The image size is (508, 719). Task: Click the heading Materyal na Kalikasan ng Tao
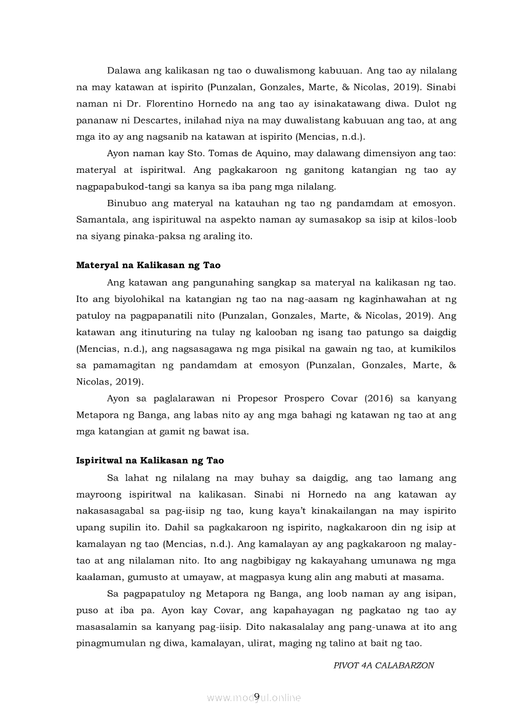tap(148, 266)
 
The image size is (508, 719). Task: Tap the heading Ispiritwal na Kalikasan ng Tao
tap(150, 461)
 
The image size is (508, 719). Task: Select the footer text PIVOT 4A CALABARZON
tap(384, 666)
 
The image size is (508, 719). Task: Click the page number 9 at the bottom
tap(256, 696)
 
